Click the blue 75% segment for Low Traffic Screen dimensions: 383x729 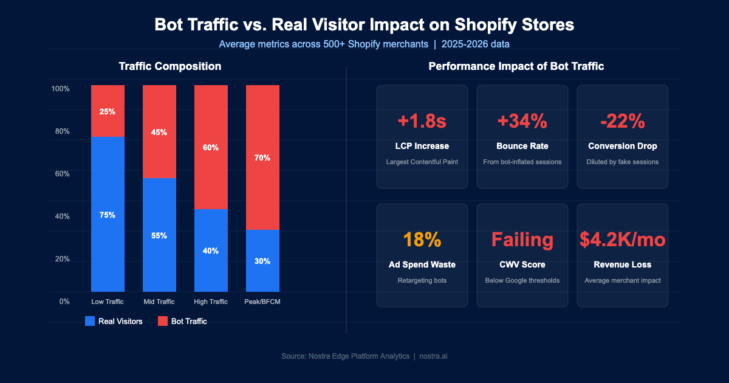point(108,215)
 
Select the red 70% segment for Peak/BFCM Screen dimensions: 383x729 point(262,157)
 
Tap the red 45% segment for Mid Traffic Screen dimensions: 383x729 point(159,132)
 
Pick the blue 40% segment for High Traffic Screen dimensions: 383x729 point(211,250)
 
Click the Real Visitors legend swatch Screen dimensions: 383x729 point(90,321)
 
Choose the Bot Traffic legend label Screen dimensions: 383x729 point(190,321)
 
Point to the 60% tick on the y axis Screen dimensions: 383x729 point(60,174)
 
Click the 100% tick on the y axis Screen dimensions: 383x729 point(60,89)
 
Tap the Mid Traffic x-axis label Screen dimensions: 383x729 point(159,302)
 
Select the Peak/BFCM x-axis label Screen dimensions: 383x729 point(262,302)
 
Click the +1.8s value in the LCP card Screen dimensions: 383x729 point(422,121)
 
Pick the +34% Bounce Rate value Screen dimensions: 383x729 point(522,121)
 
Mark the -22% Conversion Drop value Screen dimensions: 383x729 point(622,121)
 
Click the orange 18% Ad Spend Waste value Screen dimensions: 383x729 point(422,240)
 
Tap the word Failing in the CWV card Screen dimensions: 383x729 point(522,240)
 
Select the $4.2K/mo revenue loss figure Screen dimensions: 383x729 point(622,240)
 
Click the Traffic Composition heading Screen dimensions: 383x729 point(169,66)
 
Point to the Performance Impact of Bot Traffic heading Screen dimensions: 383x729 point(516,66)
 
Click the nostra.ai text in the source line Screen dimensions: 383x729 point(433,356)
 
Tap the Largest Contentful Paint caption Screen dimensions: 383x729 point(422,162)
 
